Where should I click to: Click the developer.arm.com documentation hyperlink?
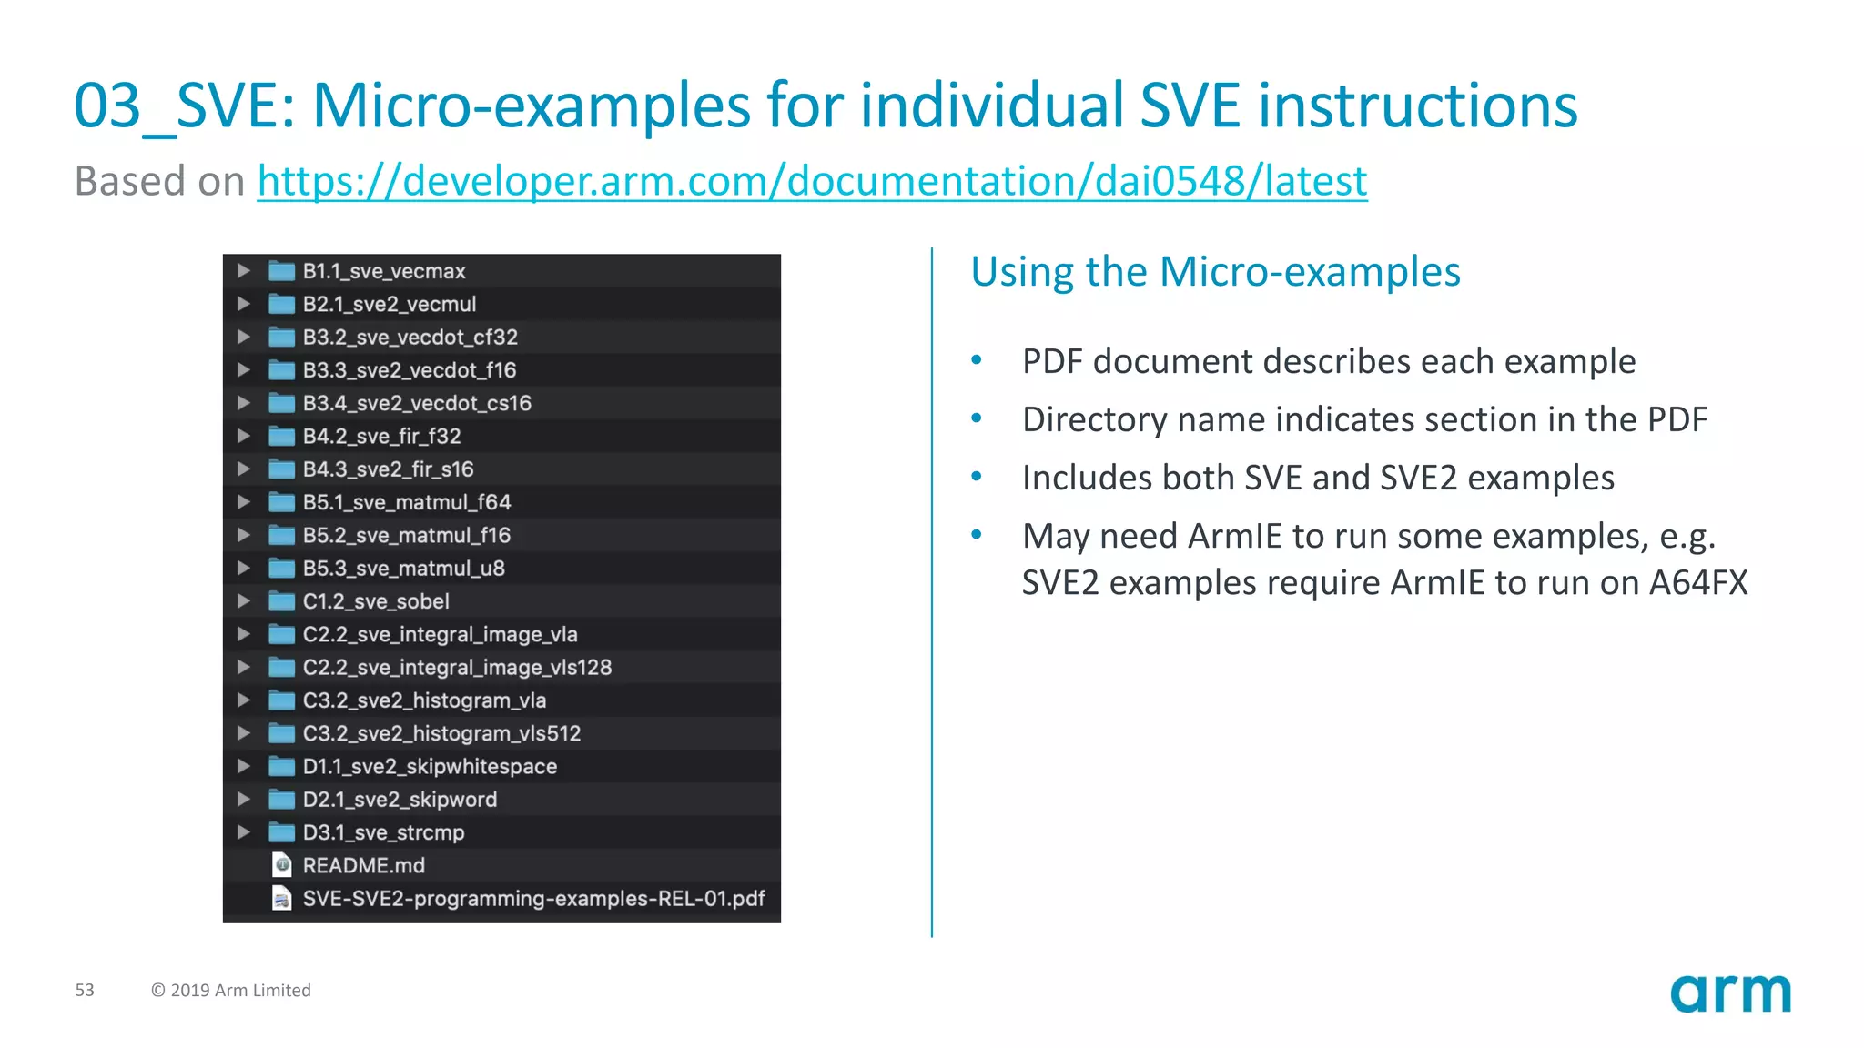[x=812, y=181]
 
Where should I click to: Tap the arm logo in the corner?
[x=1730, y=993]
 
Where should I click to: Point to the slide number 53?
[x=85, y=990]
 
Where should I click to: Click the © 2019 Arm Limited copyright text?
[x=231, y=990]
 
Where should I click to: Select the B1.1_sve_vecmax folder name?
[x=383, y=271]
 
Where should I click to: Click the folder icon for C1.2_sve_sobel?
[x=281, y=601]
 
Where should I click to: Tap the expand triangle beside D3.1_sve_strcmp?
[x=243, y=832]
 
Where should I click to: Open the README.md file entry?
[x=363, y=865]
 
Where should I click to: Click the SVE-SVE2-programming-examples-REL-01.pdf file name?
[x=533, y=899]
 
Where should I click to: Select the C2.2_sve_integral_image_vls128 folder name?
[x=457, y=668]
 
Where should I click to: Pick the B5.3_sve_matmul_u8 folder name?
[x=403, y=569]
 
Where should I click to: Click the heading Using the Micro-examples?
[x=1215, y=272]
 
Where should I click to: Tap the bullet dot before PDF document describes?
[x=977, y=360]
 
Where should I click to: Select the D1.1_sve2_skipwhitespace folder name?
[x=430, y=767]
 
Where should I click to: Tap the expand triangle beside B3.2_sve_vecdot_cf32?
[x=243, y=337]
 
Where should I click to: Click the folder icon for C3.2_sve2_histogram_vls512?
[x=281, y=733]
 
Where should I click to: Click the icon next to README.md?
[x=282, y=864]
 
